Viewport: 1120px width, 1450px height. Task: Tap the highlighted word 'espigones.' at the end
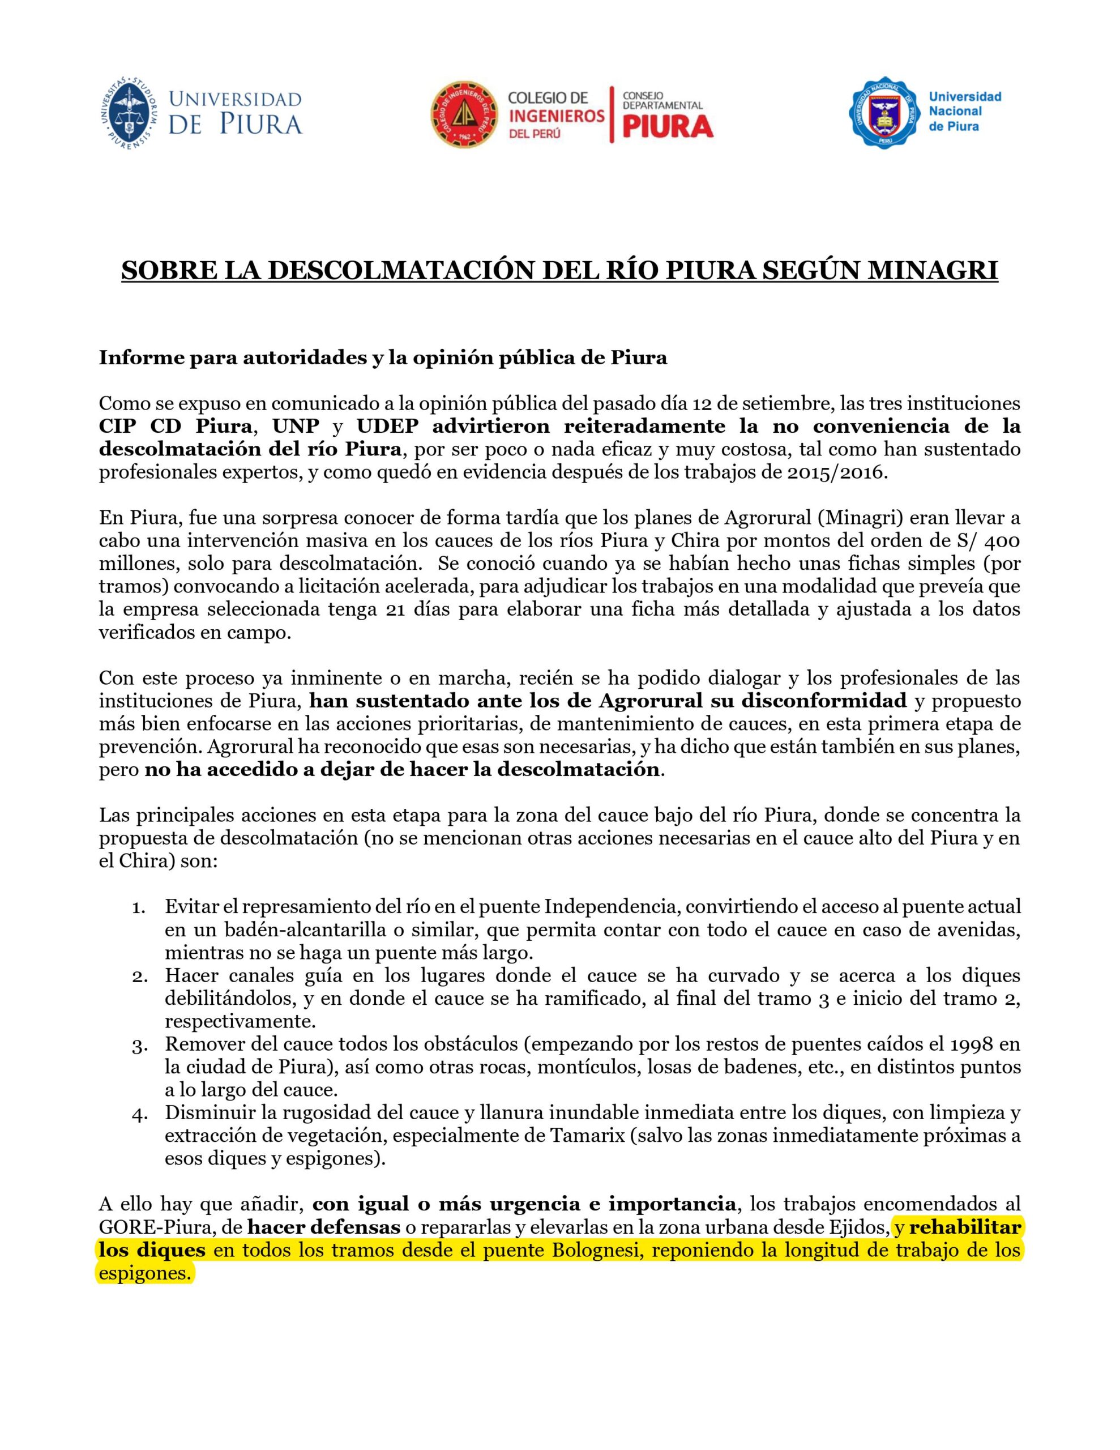tap(145, 1273)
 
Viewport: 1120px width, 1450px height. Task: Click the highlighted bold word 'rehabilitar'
tap(965, 1227)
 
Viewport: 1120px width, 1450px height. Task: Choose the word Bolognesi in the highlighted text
tap(585, 1250)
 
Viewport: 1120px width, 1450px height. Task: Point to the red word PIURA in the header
tap(667, 125)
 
